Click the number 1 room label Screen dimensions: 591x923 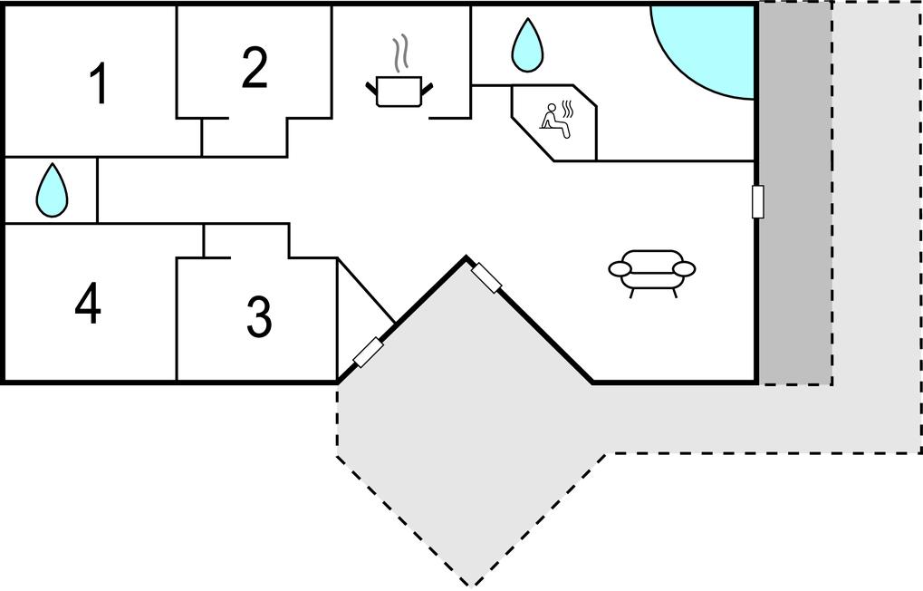(x=99, y=84)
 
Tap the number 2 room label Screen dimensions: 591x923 (x=255, y=69)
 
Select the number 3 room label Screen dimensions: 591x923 (x=259, y=316)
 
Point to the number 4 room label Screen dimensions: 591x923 (x=88, y=305)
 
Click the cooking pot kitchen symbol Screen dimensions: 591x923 (x=399, y=91)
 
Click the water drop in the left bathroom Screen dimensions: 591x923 (x=52, y=190)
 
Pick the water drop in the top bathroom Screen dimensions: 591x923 (x=526, y=45)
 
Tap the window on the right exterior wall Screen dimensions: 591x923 (x=758, y=201)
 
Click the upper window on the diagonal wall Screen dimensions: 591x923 (x=486, y=277)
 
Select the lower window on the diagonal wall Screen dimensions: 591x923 (x=368, y=352)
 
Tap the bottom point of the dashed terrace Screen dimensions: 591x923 (x=469, y=583)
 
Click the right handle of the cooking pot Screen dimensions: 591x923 (x=428, y=86)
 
